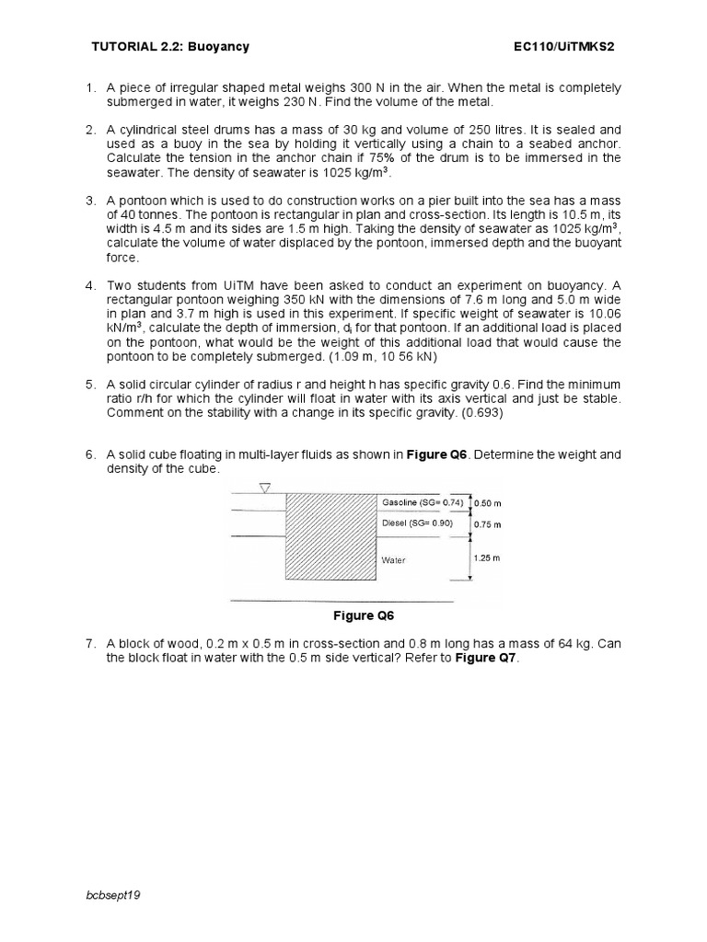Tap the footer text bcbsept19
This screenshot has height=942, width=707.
[x=114, y=893]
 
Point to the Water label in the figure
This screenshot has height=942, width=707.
[x=394, y=559]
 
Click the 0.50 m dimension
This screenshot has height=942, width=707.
[x=487, y=503]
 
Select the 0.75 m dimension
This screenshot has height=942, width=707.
[x=487, y=525]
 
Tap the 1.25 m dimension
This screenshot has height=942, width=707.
[x=487, y=558]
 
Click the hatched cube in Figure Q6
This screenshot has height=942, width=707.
[x=331, y=537]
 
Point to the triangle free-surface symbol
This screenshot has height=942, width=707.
[x=265, y=488]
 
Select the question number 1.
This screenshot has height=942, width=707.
[x=91, y=87]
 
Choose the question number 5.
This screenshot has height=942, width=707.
[x=91, y=384]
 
